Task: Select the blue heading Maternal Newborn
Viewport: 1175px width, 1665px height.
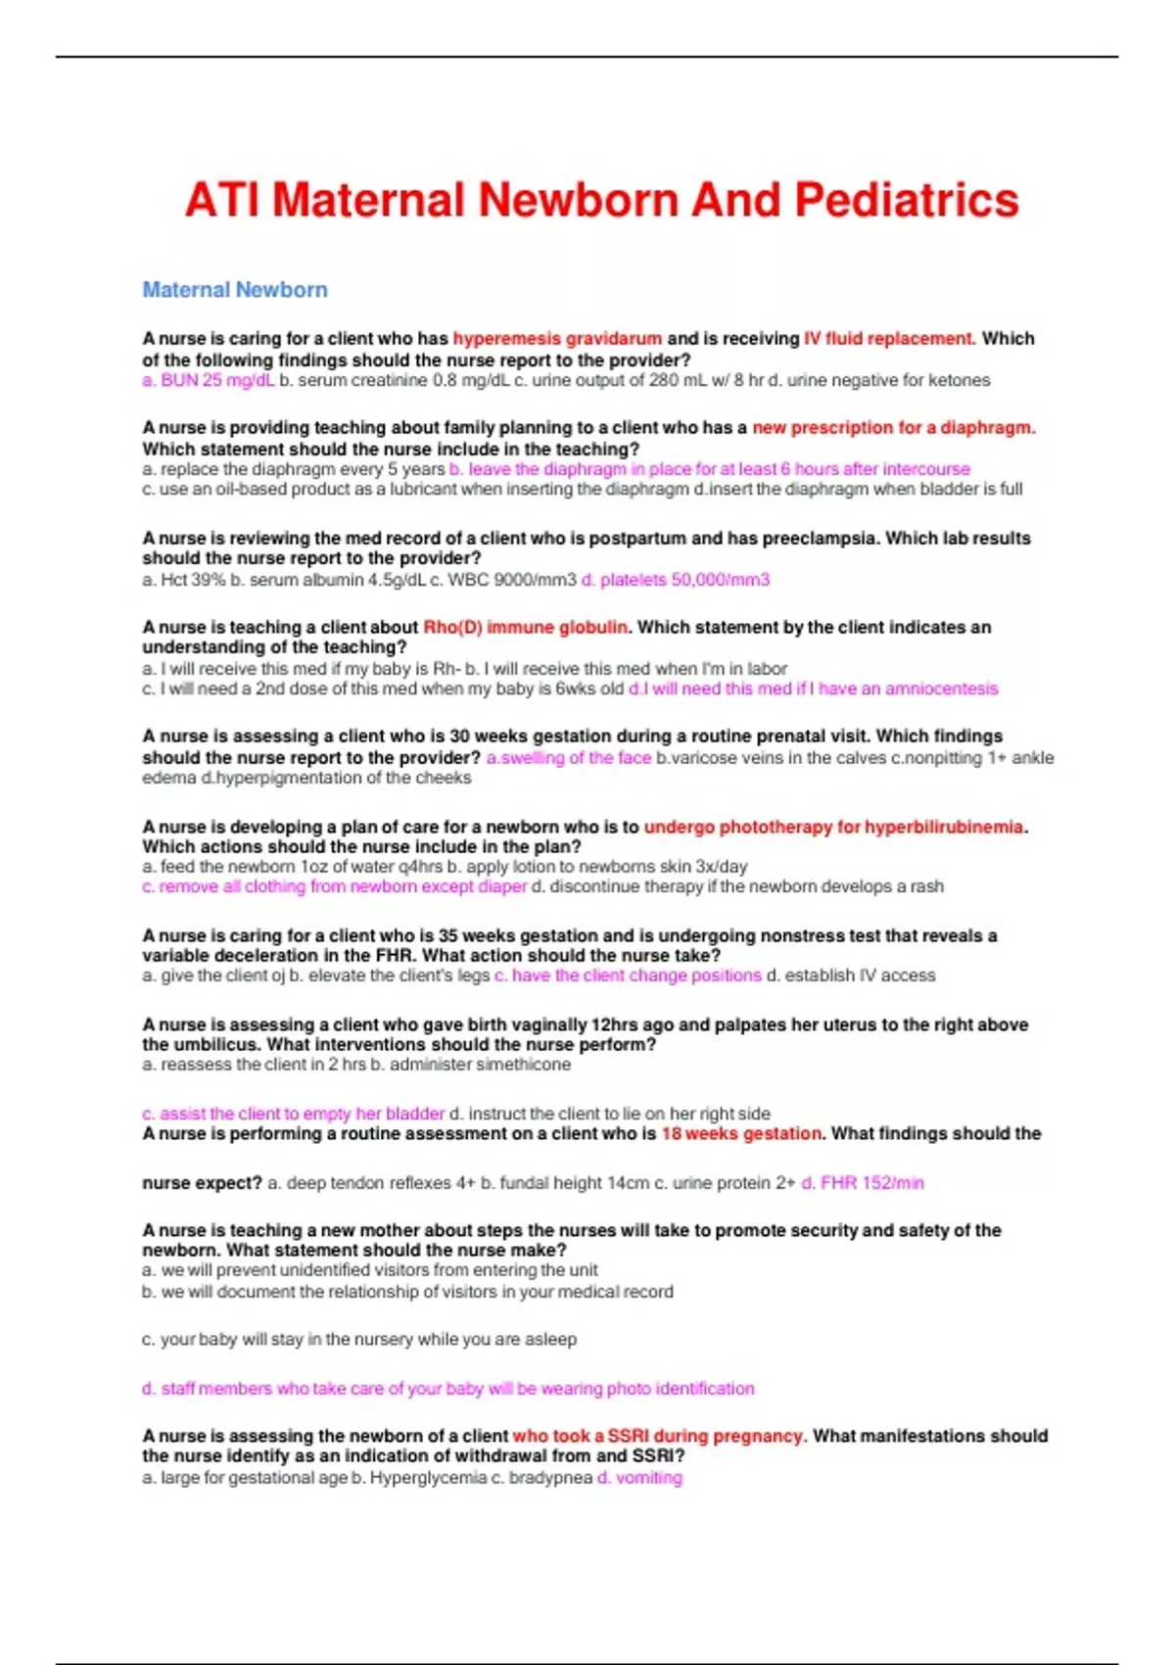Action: [235, 290]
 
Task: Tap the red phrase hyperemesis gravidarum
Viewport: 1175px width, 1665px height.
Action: [557, 339]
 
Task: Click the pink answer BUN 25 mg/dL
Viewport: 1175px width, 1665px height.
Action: [209, 380]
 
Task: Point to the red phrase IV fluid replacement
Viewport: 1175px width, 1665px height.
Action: [889, 339]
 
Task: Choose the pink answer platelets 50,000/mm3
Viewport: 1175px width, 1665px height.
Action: [676, 580]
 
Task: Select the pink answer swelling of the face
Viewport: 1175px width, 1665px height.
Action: [569, 758]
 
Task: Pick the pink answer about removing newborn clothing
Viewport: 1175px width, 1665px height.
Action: [335, 886]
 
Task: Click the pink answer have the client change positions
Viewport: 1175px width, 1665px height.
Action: [628, 975]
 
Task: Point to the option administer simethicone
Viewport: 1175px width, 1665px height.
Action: [471, 1065]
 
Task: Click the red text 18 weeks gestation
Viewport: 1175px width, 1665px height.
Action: [742, 1133]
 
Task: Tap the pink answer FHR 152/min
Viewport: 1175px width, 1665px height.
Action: [863, 1183]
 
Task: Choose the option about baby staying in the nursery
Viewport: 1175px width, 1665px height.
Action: [359, 1339]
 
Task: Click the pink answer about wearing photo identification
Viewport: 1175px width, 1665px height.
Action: [448, 1389]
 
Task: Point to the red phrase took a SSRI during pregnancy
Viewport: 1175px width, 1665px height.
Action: [658, 1436]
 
